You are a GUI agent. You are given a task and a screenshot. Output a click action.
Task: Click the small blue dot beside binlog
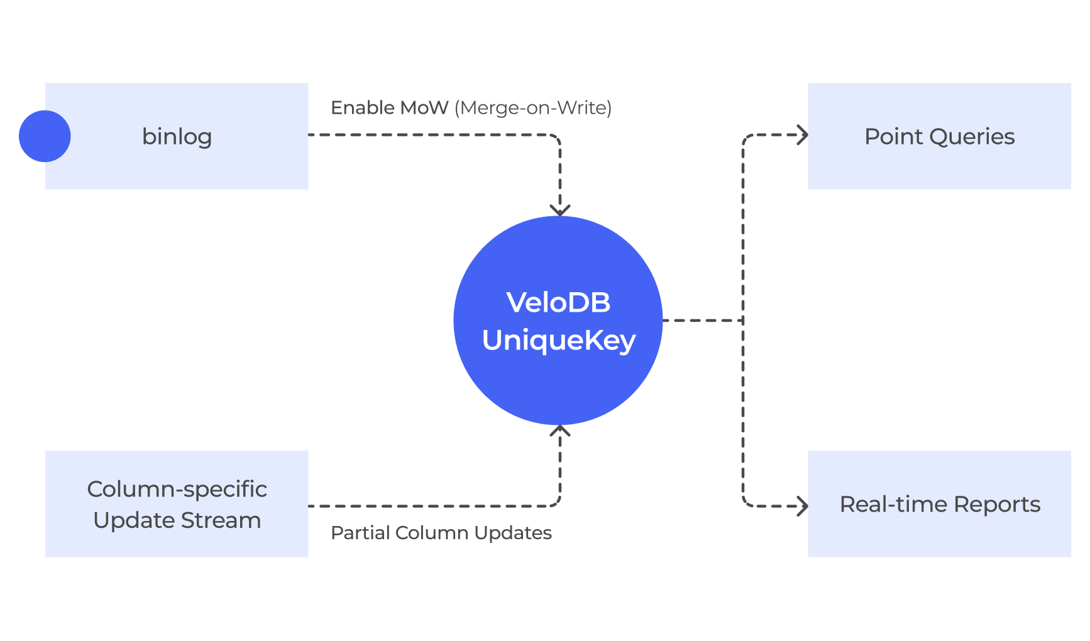click(45, 136)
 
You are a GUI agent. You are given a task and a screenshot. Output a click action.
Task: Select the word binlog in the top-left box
click(177, 137)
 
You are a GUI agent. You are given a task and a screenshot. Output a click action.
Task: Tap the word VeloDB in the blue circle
click(558, 302)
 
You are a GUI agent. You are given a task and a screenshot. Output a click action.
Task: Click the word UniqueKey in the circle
click(559, 341)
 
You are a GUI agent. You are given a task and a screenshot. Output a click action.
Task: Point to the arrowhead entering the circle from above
click(560, 211)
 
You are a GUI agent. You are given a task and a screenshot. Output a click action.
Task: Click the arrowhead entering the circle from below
click(560, 430)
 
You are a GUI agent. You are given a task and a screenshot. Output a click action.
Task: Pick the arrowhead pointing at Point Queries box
click(802, 134)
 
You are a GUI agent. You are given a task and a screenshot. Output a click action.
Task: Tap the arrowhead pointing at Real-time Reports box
click(802, 506)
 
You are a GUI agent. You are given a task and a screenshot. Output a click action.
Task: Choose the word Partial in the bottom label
click(360, 533)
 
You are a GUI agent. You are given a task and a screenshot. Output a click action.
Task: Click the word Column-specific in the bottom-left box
click(177, 489)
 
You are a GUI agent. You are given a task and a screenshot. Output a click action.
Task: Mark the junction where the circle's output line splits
click(743, 320)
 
